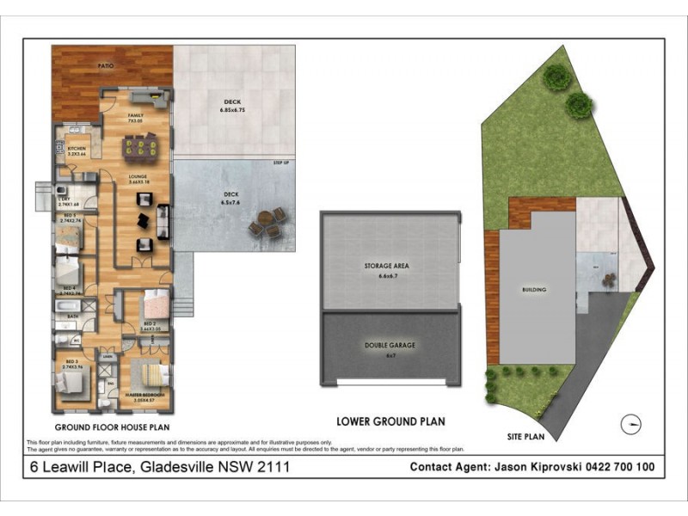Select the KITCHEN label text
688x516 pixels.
point(77,149)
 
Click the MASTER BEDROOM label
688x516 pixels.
point(144,395)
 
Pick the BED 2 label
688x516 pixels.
point(151,323)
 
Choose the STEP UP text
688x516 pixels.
point(280,162)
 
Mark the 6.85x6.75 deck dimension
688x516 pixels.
point(232,110)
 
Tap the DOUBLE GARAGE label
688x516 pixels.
point(390,345)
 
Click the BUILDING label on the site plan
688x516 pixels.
point(533,290)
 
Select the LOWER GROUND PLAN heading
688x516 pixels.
point(390,421)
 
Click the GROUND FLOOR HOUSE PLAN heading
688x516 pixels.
point(112,427)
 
